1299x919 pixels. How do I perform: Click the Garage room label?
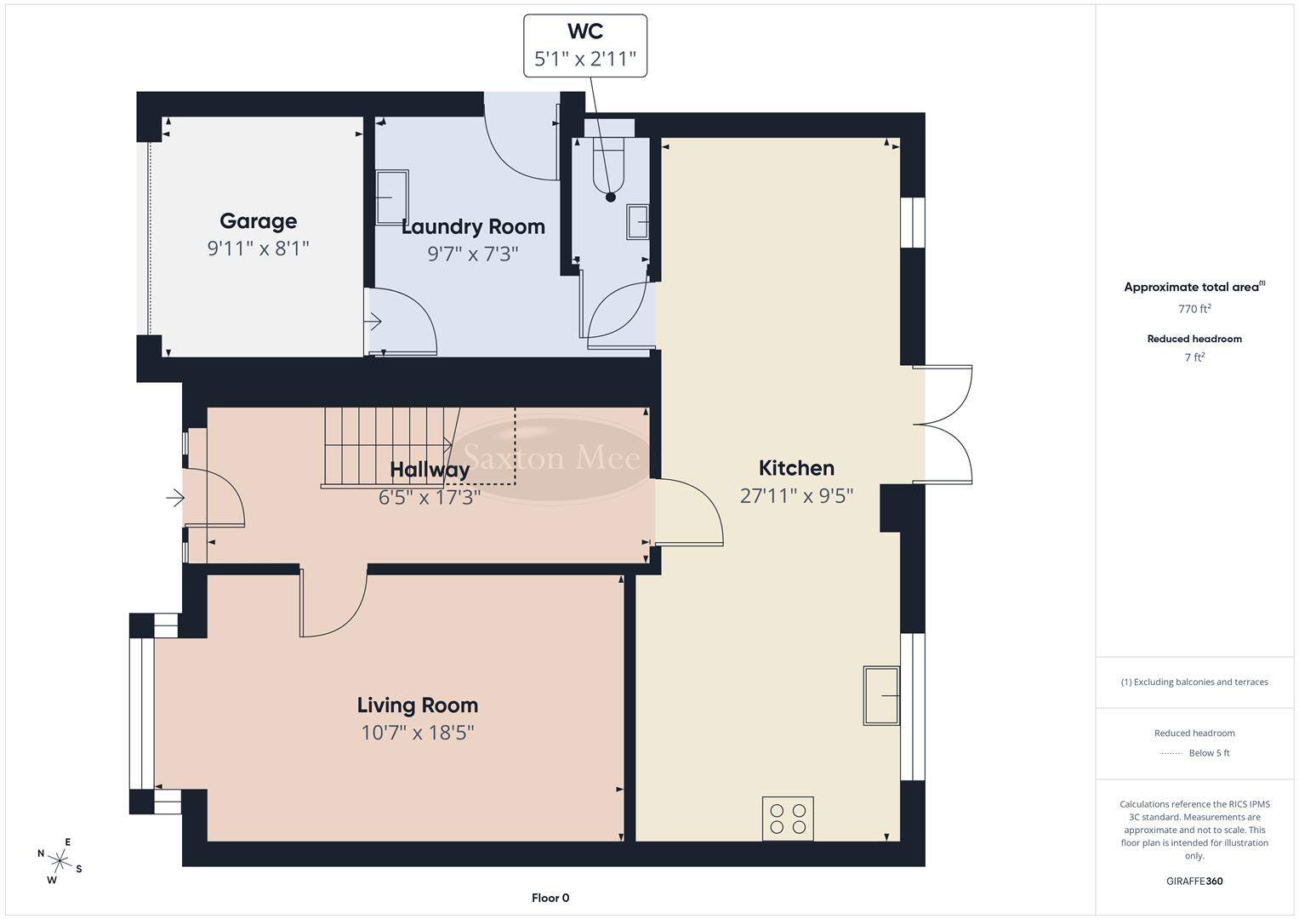(x=258, y=221)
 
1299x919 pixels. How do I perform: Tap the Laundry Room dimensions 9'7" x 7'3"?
(x=472, y=254)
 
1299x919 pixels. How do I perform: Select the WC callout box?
(x=585, y=46)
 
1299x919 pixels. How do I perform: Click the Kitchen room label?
(x=796, y=468)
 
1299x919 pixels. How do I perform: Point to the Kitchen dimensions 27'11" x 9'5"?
(x=796, y=495)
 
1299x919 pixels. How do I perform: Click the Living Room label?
(x=417, y=705)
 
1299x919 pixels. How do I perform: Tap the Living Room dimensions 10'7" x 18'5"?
(x=417, y=732)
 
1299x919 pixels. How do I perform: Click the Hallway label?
(x=430, y=470)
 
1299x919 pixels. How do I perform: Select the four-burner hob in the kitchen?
(x=788, y=818)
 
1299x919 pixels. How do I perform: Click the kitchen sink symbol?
(x=881, y=695)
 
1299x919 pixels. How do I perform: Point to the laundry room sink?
(x=392, y=197)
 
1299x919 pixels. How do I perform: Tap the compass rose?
(x=60, y=860)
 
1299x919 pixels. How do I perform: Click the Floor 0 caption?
(x=550, y=898)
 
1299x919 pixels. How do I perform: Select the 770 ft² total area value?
(x=1194, y=309)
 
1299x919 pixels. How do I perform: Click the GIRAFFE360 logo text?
(x=1194, y=881)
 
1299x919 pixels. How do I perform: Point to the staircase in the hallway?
(x=387, y=446)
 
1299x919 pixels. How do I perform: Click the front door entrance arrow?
(x=175, y=498)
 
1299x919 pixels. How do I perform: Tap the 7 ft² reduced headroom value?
(x=1194, y=357)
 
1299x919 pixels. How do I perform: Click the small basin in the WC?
(x=638, y=222)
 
